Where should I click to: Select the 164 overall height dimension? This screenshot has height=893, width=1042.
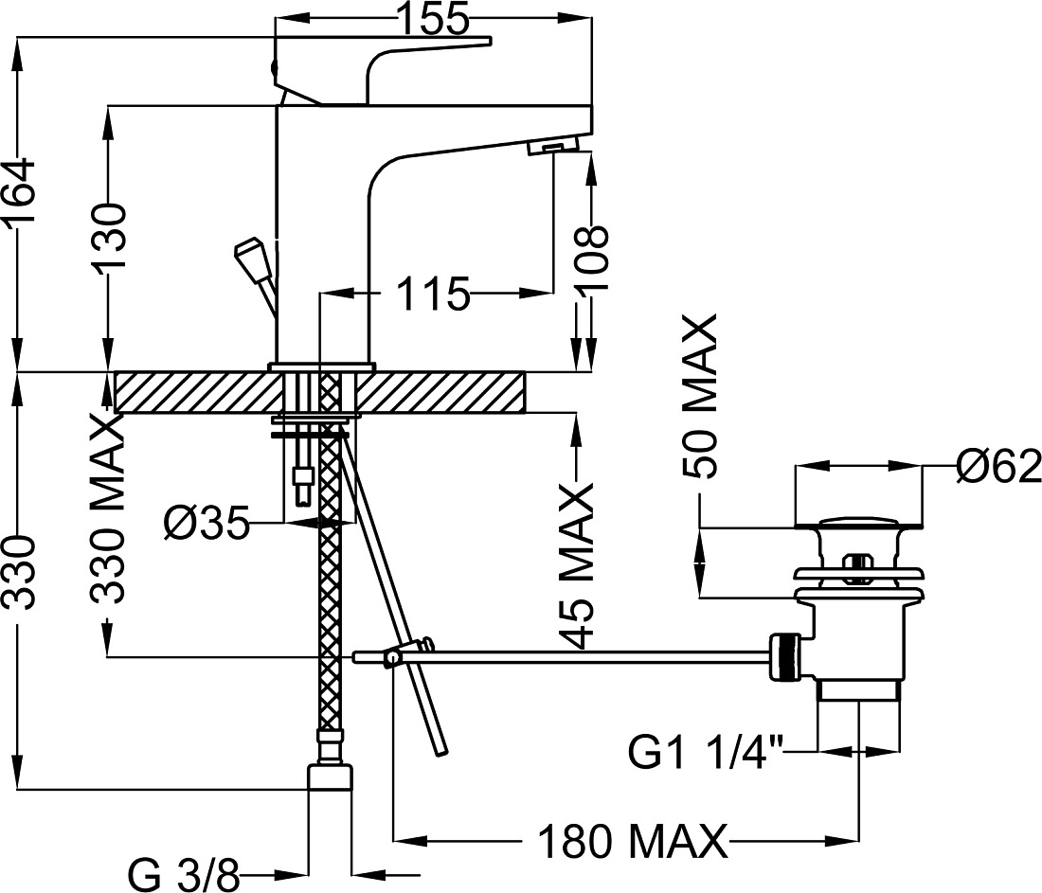(x=18, y=195)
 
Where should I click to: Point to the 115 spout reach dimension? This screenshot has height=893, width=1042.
(x=433, y=293)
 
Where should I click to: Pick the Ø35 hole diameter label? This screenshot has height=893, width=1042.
(x=206, y=522)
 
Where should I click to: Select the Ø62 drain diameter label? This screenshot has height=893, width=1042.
(x=998, y=467)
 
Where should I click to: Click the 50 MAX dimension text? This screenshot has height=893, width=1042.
(x=700, y=396)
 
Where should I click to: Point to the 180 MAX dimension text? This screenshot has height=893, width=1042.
(x=631, y=842)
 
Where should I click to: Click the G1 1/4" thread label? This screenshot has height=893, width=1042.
(x=705, y=754)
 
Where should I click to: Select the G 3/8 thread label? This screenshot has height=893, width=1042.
(x=182, y=876)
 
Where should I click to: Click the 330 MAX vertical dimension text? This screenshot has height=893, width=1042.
(x=108, y=510)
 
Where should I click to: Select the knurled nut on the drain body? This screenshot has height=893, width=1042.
(x=783, y=657)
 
